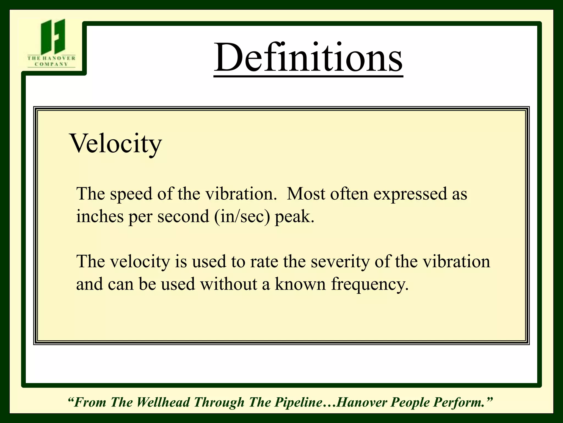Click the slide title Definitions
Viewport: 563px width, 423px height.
coord(308,58)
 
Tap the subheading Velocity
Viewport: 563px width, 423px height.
coord(115,144)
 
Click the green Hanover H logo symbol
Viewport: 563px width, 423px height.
coord(53,36)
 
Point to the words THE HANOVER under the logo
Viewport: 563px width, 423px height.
coord(51,58)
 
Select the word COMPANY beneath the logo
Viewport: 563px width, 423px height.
coord(51,64)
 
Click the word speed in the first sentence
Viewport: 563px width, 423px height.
coord(131,194)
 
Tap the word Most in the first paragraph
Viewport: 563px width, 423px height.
coord(306,194)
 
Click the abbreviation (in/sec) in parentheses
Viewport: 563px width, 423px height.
coord(242,217)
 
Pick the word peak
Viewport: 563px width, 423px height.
coord(294,217)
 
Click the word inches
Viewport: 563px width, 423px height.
coord(100,216)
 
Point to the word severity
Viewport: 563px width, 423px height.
coord(340,262)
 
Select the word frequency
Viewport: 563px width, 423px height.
coord(370,284)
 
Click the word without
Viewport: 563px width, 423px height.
coord(228,284)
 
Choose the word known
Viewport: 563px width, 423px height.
coord(300,284)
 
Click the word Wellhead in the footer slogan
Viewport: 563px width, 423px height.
coord(163,402)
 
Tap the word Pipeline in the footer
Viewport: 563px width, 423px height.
coord(299,402)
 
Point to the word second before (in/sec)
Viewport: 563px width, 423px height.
coord(183,216)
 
